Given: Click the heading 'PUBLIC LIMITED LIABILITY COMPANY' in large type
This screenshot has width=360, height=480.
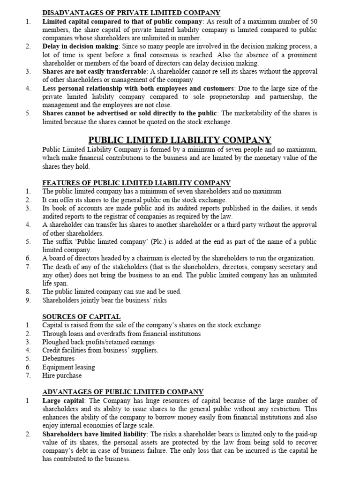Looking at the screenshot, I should (180, 140).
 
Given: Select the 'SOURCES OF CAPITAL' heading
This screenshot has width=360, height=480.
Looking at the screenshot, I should (81, 316).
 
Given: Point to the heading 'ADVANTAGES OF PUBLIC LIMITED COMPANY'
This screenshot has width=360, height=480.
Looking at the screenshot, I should (123, 392).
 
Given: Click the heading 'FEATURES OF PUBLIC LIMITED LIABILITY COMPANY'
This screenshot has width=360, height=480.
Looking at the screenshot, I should (136, 183).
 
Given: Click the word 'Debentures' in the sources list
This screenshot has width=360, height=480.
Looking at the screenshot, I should (59, 359).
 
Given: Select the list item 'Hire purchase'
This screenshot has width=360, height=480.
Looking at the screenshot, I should (61, 375).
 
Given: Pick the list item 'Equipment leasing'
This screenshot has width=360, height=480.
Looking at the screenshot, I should (68, 367).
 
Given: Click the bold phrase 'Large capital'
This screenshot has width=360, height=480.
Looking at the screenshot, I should (63, 401).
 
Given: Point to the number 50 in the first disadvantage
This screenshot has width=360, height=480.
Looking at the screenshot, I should (313, 21).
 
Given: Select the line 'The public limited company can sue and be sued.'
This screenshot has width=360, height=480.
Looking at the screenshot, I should (112, 292).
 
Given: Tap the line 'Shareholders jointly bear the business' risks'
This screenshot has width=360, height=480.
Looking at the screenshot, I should (104, 300).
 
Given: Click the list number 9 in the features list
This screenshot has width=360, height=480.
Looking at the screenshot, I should (28, 300).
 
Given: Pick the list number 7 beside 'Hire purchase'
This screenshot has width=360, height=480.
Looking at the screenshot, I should (28, 375).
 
